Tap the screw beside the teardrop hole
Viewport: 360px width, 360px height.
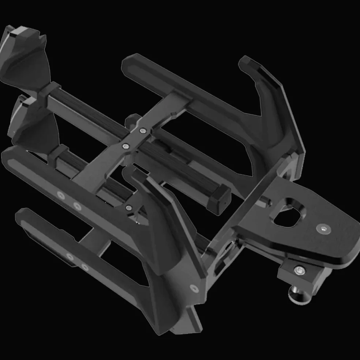tap(323, 229)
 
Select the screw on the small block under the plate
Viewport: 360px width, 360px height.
tap(300, 270)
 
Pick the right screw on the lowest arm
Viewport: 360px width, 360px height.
tap(85, 267)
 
